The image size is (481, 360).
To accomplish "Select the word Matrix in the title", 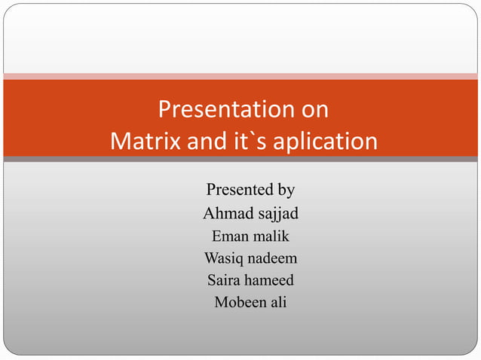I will pos(143,142).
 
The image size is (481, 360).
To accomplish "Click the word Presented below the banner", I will pos(238,189).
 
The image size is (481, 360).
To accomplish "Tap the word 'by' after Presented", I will pos(286,190).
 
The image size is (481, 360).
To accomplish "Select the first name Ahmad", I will pos(228,213).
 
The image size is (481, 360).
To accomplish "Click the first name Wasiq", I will pos(224,258).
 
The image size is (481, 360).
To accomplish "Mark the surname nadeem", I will pos(273,258).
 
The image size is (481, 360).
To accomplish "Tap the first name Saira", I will pos(225,281).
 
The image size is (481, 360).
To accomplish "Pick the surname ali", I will pos(277,304).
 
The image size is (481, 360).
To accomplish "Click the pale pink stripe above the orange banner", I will pos(240,76).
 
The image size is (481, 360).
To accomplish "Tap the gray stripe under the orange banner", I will pos(240,159).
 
